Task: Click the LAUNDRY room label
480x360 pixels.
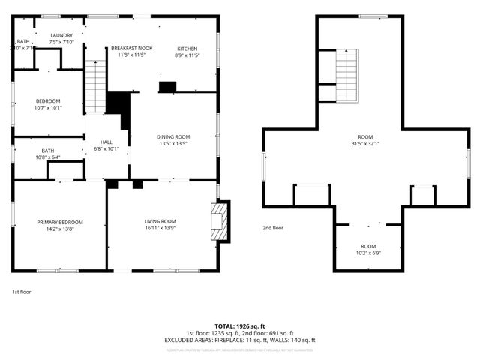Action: (x=61, y=35)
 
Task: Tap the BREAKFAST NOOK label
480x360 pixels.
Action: (x=131, y=48)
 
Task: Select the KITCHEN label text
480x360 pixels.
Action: (x=187, y=48)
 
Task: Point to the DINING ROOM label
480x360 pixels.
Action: (x=173, y=136)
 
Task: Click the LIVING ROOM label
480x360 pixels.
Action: (x=160, y=221)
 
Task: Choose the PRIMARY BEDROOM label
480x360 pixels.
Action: (x=60, y=222)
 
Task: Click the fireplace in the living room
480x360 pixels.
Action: (x=220, y=221)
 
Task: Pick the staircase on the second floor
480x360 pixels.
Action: (x=346, y=76)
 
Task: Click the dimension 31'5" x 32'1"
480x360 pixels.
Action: (x=365, y=144)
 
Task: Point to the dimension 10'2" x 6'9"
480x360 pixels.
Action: (x=368, y=253)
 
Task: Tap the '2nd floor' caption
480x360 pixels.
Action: (x=273, y=227)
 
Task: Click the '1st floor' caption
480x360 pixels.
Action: (x=22, y=291)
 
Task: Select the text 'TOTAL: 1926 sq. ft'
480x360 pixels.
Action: (x=240, y=326)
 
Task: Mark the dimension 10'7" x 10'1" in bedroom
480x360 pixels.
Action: (x=49, y=107)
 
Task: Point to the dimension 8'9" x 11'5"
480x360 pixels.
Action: (x=187, y=55)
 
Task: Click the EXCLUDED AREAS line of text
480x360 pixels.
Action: (x=240, y=340)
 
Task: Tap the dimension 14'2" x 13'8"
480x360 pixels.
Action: (x=60, y=229)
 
